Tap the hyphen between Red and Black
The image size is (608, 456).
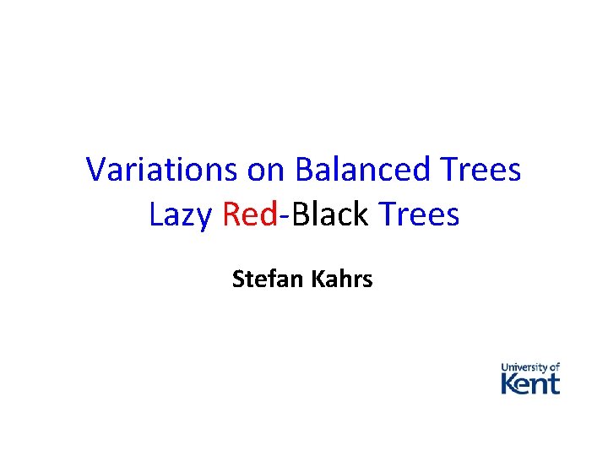point(284,217)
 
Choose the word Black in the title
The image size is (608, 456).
point(329,214)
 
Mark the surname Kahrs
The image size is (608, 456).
point(342,279)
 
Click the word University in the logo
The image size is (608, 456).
point(524,367)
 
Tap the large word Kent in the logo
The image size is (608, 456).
point(530,384)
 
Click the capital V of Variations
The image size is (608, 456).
point(95,170)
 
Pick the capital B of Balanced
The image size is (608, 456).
point(305,170)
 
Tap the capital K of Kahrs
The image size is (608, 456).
point(318,279)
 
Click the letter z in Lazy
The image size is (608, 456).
point(189,217)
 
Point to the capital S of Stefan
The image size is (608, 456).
point(238,279)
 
